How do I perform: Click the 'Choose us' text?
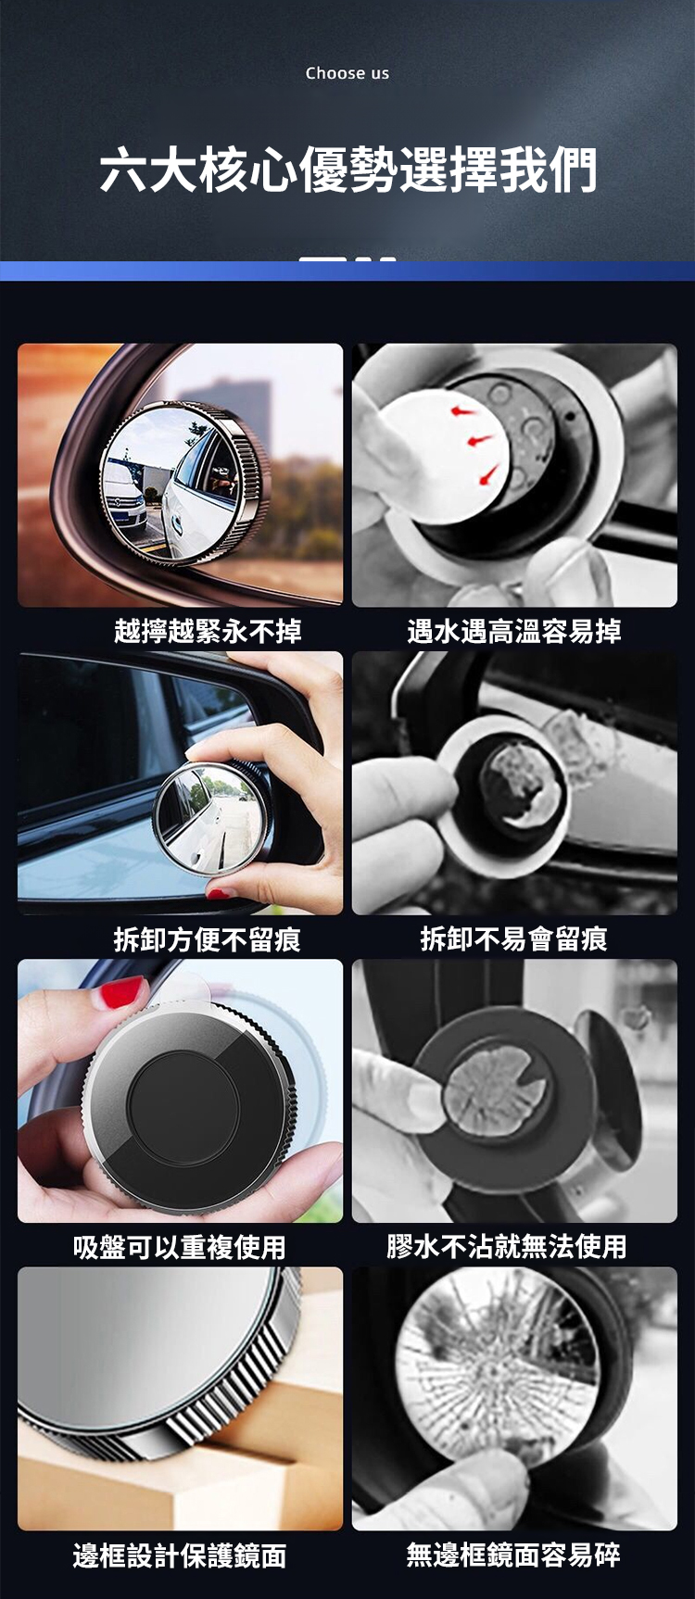[x=347, y=73]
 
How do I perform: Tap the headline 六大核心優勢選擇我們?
[x=347, y=170]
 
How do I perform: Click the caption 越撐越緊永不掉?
[x=208, y=632]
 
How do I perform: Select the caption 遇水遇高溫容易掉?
[x=514, y=632]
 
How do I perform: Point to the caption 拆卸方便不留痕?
[x=208, y=939]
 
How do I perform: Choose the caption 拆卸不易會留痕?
[x=514, y=939]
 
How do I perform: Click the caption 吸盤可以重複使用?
[x=180, y=1247]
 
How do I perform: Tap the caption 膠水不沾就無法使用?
[x=507, y=1247]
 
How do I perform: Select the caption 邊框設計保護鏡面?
[x=180, y=1555]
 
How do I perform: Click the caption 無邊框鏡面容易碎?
[x=514, y=1555]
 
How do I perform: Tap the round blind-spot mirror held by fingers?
[x=211, y=818]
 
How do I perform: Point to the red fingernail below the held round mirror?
[x=220, y=893]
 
